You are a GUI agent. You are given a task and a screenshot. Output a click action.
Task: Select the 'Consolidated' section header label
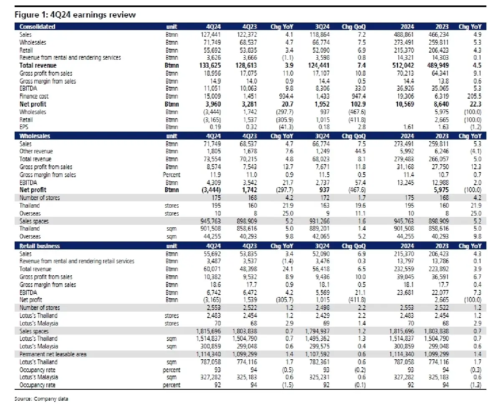37,27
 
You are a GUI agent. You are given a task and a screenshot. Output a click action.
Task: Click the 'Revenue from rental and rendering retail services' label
77,261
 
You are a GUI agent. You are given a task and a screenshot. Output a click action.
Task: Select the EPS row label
25,127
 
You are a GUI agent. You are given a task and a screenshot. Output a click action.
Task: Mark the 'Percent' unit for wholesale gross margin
172,175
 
